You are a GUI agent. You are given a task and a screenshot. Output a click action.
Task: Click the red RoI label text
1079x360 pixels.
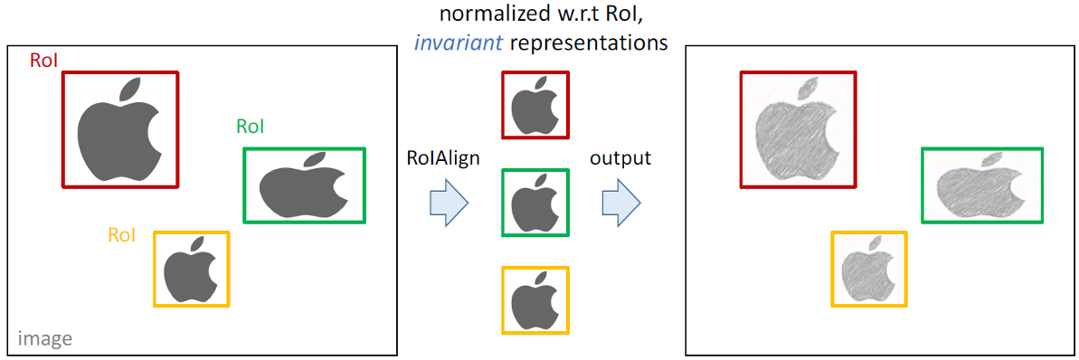pyautogui.click(x=44, y=61)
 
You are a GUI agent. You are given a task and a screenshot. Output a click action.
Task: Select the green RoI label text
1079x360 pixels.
pyautogui.click(x=251, y=127)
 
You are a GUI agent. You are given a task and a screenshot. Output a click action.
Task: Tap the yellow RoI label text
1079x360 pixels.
pyautogui.click(x=121, y=235)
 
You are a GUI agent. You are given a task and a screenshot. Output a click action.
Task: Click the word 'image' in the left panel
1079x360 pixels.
pyautogui.click(x=45, y=339)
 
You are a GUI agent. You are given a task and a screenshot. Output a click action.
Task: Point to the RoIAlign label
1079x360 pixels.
pyautogui.click(x=443, y=158)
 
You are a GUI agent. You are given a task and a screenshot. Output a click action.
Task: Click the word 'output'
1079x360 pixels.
pyautogui.click(x=620, y=158)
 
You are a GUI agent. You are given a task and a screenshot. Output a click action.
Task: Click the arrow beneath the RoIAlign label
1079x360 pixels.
pyautogui.click(x=448, y=202)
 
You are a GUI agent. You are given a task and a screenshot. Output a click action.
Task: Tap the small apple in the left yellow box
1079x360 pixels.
pyautogui.click(x=190, y=270)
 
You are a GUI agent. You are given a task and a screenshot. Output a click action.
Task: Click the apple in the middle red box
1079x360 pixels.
pyautogui.click(x=535, y=107)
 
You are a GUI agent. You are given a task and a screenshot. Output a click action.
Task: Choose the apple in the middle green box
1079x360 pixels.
pyautogui.click(x=535, y=204)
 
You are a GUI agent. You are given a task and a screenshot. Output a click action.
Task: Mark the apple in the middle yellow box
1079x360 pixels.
pyautogui.click(x=535, y=301)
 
